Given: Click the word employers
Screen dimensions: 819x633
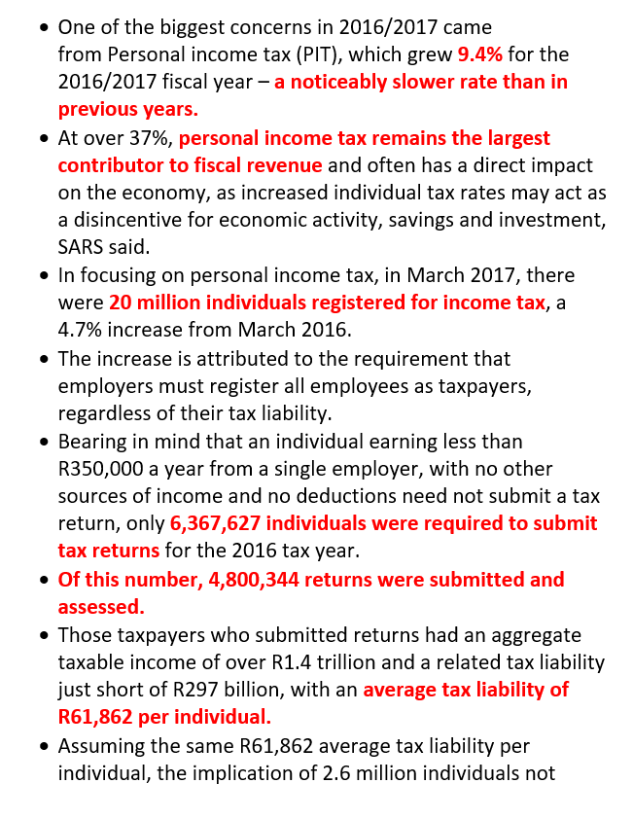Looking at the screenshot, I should (x=106, y=386).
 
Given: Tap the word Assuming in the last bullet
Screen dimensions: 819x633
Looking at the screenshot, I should (x=102, y=745).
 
